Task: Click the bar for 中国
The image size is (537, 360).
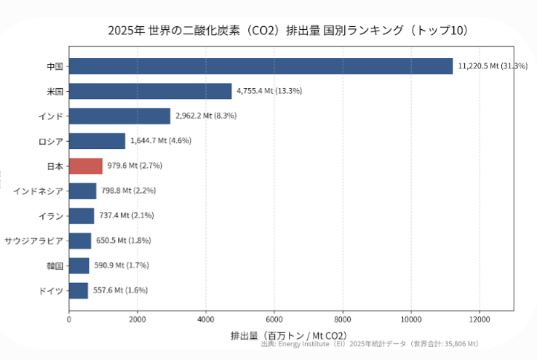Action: (x=260, y=66)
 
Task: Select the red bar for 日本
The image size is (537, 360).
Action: (x=86, y=166)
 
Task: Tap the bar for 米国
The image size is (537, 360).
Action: (x=151, y=91)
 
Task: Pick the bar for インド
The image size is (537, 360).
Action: (x=119, y=116)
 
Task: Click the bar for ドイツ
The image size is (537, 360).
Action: (x=79, y=290)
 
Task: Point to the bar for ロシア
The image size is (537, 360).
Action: (x=98, y=141)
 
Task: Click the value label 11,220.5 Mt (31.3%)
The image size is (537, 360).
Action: (x=493, y=66)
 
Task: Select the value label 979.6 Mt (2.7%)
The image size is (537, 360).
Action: (x=135, y=166)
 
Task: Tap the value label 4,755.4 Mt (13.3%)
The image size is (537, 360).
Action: (x=269, y=91)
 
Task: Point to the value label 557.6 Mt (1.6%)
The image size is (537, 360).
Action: (x=120, y=290)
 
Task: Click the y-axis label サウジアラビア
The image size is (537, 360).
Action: (x=33, y=241)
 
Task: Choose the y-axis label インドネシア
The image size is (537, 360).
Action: (x=38, y=191)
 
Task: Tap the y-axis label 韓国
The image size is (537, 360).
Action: (x=55, y=266)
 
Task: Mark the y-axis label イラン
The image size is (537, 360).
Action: (x=51, y=216)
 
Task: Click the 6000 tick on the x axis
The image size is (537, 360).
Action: (x=274, y=319)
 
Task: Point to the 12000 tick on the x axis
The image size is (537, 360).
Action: (x=480, y=319)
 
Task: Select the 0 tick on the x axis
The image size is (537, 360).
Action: (x=69, y=319)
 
